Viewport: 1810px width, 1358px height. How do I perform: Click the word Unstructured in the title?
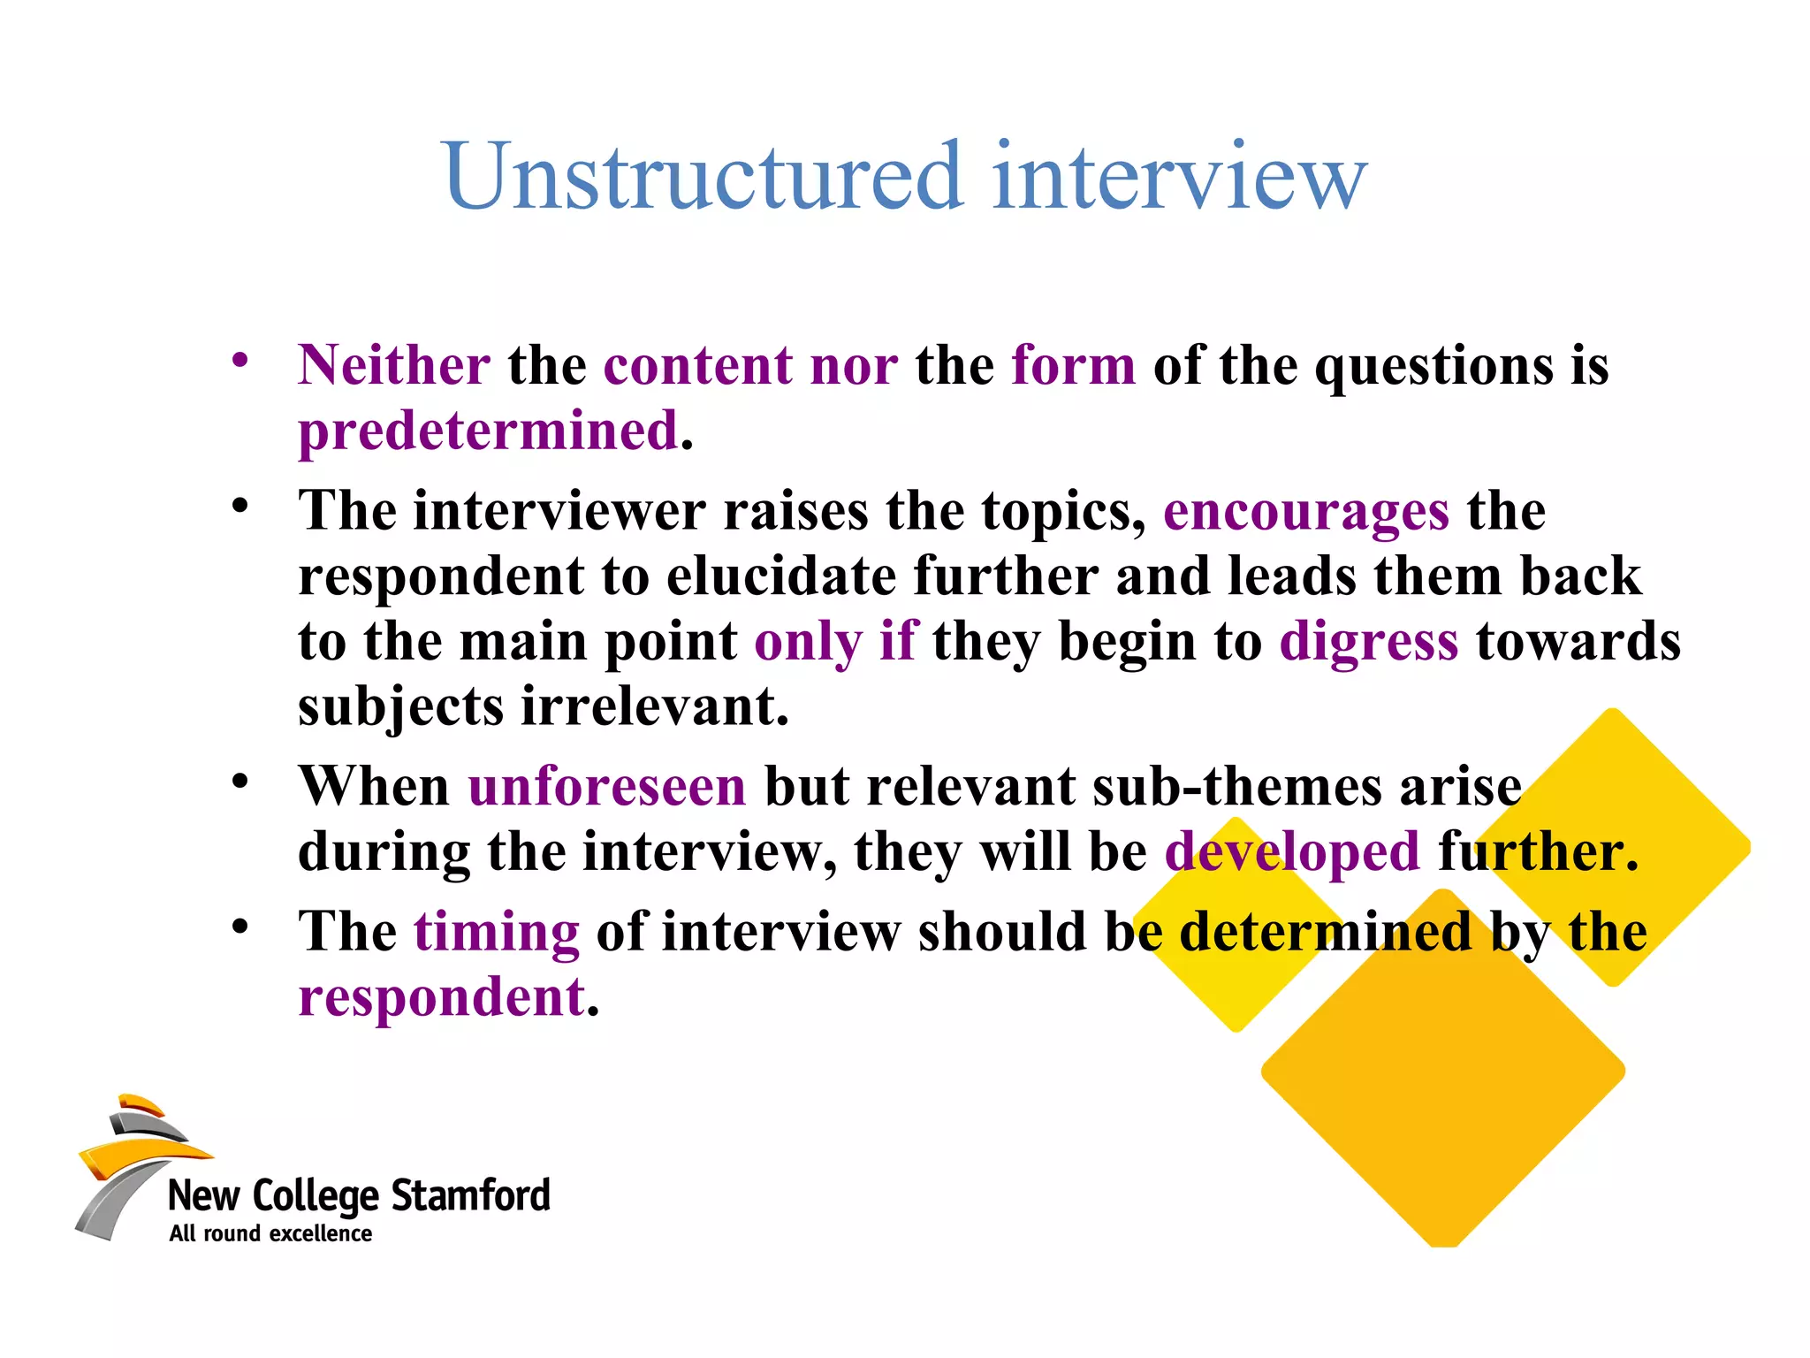click(703, 176)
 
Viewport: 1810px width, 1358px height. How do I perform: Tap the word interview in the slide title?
click(1179, 176)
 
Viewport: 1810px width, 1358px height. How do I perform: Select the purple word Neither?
click(394, 365)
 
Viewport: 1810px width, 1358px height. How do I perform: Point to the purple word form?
click(1073, 365)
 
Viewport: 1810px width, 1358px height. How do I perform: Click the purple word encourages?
click(1306, 512)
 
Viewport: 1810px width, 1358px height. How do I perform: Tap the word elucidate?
click(781, 576)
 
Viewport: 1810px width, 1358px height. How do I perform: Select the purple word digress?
click(1368, 642)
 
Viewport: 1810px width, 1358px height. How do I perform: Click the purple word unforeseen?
click(607, 786)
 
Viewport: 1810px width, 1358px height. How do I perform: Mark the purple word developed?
click(1292, 851)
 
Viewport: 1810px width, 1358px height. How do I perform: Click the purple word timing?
click(497, 933)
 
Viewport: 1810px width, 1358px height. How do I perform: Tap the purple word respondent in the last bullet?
click(442, 998)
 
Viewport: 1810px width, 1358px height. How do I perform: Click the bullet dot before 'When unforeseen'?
click(240, 782)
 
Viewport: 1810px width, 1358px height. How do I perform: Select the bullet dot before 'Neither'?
click(240, 360)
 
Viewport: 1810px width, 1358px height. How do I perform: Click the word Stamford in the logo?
click(470, 1196)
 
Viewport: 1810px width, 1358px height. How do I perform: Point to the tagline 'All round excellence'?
click(270, 1234)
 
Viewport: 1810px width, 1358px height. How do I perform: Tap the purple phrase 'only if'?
click(836, 642)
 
